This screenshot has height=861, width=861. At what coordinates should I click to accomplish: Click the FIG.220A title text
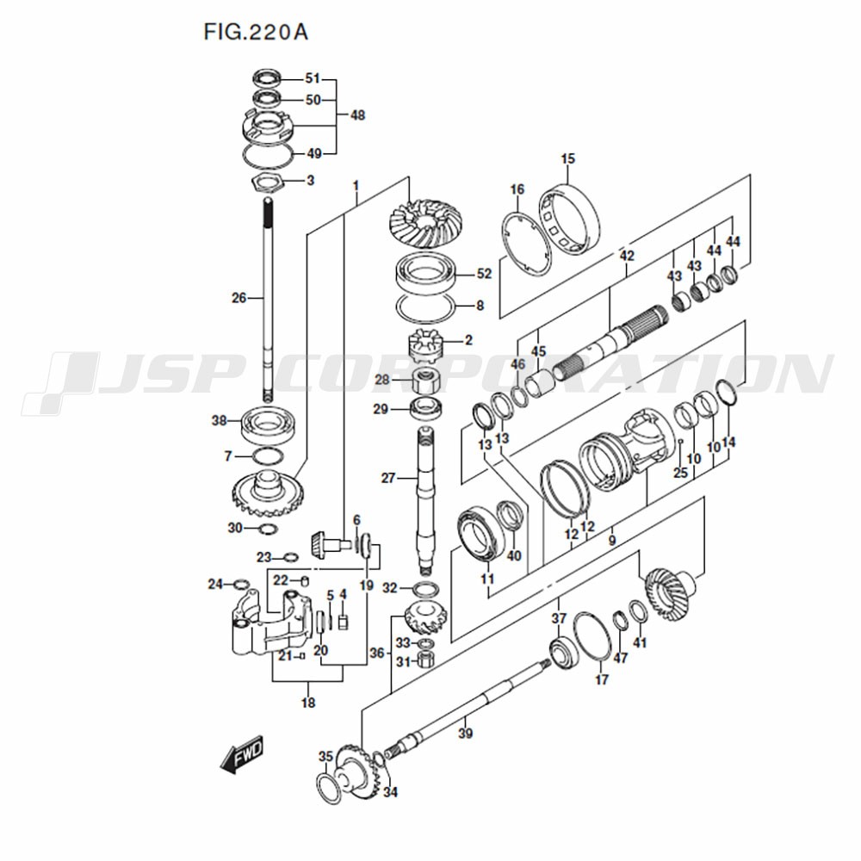256,32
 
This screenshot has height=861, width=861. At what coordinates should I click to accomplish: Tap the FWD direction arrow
241,754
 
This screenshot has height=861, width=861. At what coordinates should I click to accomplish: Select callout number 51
313,78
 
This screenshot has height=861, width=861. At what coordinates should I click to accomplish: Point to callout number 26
238,298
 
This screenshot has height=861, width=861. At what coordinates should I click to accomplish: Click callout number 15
568,158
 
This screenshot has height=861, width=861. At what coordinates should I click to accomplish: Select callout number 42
627,256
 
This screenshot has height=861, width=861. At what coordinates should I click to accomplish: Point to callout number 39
465,734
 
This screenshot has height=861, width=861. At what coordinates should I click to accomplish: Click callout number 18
308,703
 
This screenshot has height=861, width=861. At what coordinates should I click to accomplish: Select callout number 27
387,478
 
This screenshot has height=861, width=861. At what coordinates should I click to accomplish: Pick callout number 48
357,115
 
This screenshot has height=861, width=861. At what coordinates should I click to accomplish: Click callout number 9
612,541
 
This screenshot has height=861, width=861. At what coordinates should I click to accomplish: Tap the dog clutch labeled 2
425,345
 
